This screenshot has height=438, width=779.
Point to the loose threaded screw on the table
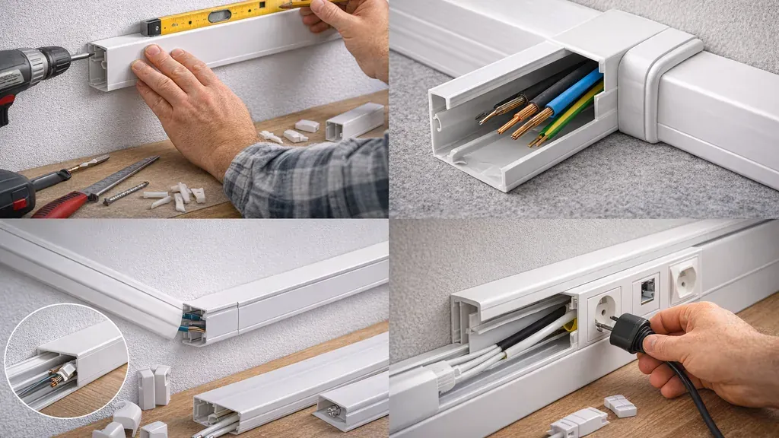[126, 193]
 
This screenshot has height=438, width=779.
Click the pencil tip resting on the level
[282, 5]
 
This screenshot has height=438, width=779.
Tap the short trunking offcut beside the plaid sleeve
[355, 122]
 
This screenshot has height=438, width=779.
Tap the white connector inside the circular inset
[66, 372]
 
